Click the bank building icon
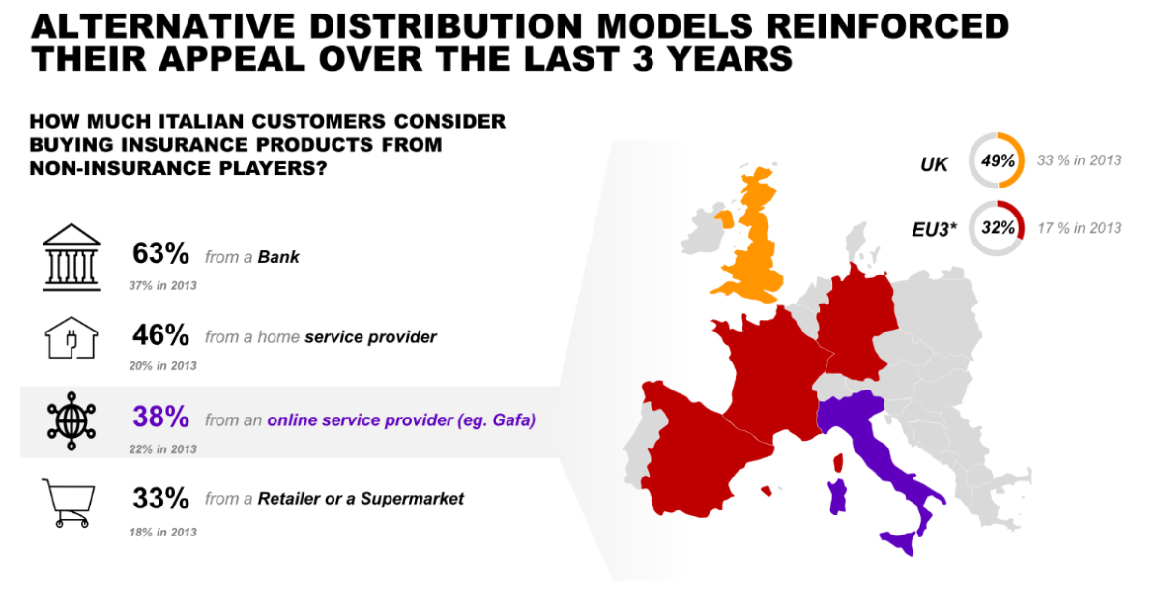coord(72,257)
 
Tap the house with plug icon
coord(72,337)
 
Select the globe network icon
coord(72,421)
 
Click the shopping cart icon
coord(69,503)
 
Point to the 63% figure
coord(160,254)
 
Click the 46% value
coord(160,334)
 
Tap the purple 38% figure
coord(160,417)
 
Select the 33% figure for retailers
coord(160,498)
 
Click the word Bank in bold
coord(278,257)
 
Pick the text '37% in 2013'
coord(163,286)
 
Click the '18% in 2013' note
coord(163,533)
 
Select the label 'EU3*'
coord(934,229)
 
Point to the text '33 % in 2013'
coord(1079,160)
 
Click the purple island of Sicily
coord(900,541)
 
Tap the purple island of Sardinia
coord(837,497)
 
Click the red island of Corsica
coord(838,463)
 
